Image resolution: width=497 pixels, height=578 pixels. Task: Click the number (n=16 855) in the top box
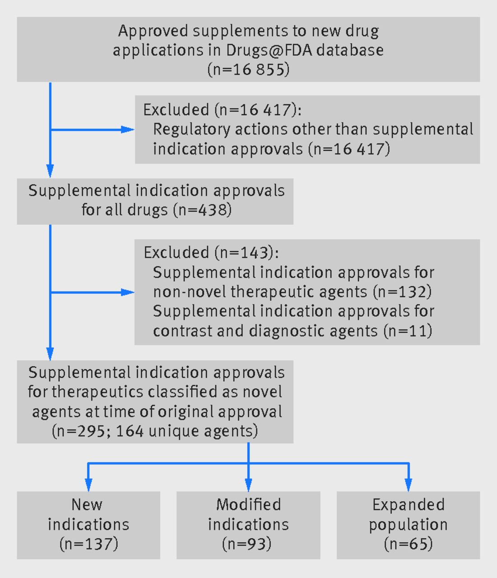pos(248,70)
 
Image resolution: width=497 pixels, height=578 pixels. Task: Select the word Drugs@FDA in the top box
pos(269,50)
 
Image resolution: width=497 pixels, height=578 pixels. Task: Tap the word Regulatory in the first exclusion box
pos(191,130)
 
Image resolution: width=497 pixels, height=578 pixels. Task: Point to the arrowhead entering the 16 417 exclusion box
pos(127,130)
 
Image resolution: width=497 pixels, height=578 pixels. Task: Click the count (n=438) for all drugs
pos(202,210)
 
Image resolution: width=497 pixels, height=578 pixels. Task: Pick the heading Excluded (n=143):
pos(211,252)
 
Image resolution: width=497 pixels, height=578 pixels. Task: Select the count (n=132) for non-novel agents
pos(402,292)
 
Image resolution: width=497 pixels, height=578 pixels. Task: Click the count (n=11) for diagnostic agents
pos(408,331)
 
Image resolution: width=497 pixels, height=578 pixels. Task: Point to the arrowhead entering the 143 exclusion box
pos(127,293)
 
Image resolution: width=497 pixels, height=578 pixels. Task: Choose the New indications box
pos(88,525)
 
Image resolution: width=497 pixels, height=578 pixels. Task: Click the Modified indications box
pos(248,525)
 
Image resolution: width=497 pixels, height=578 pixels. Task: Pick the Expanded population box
pos(408,525)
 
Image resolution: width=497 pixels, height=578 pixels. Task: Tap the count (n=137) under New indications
pos(88,544)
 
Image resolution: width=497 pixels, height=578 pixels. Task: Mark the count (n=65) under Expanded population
pos(408,544)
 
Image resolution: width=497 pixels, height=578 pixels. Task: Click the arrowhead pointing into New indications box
pos(88,485)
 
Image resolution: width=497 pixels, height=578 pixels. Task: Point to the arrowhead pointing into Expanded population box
pos(409,485)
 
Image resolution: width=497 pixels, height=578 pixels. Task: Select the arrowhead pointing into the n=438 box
pos(50,171)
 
